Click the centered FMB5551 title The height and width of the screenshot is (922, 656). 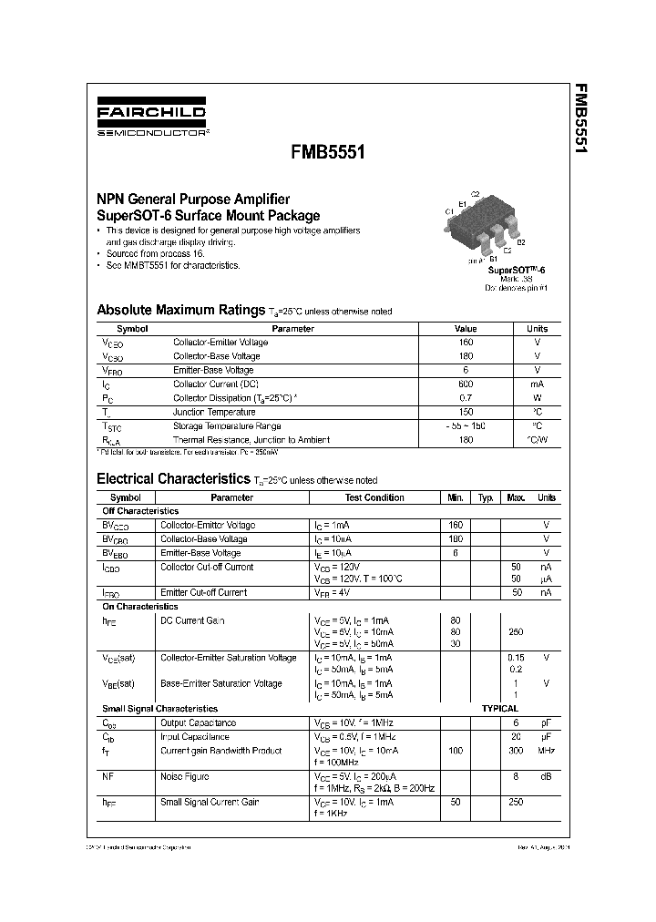pyautogui.click(x=328, y=153)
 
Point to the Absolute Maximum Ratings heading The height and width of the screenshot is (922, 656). pyautogui.click(x=180, y=310)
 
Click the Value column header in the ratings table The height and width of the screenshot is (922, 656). pyautogui.click(x=466, y=329)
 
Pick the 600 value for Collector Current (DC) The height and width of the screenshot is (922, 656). pyautogui.click(x=466, y=384)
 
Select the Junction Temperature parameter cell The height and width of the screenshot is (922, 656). pyautogui.click(x=212, y=412)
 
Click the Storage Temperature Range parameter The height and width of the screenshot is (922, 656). pyautogui.click(x=227, y=426)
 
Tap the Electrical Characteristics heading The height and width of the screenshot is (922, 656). pyautogui.click(x=172, y=478)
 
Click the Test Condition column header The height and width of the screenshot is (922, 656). pyautogui.click(x=374, y=498)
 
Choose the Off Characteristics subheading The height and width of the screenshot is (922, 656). pyautogui.click(x=140, y=511)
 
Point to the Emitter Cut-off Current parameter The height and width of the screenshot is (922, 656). pyautogui.click(x=203, y=592)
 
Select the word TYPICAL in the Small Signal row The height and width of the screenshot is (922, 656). pyautogui.click(x=499, y=708)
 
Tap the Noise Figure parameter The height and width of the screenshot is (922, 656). pyautogui.click(x=185, y=776)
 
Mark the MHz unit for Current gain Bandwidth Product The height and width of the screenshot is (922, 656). pyautogui.click(x=546, y=751)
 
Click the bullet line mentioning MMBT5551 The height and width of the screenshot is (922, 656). pyautogui.click(x=172, y=265)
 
